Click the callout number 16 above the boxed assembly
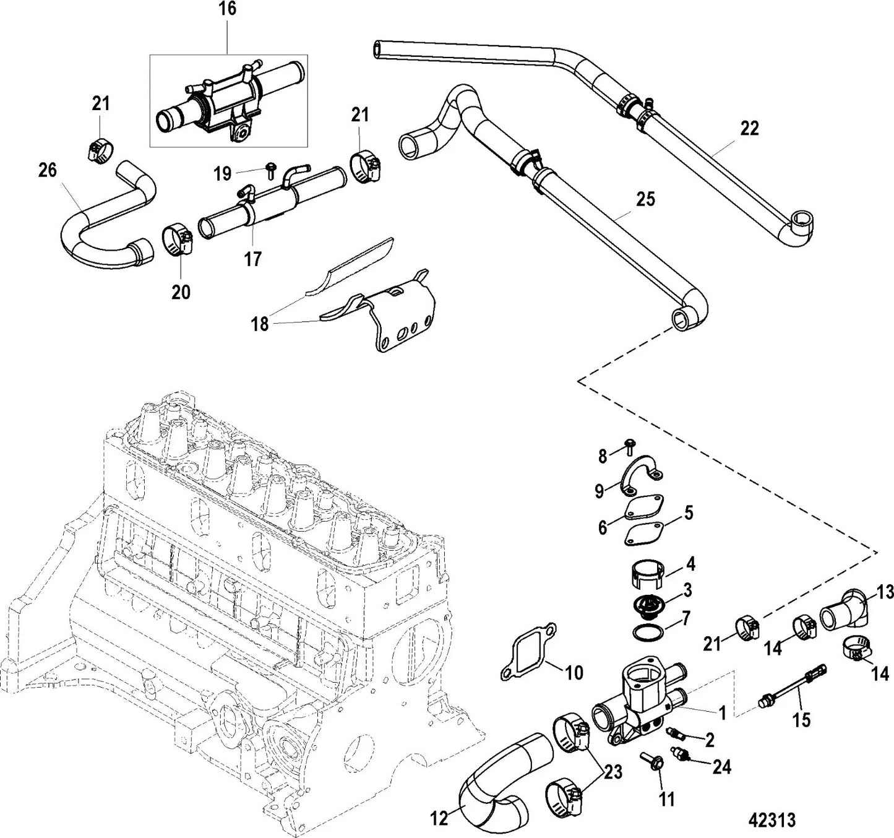coord(227,9)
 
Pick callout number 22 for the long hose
coord(749,128)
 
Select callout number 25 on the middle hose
coord(645,200)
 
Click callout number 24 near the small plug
coord(721,767)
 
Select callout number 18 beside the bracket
coord(260,323)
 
